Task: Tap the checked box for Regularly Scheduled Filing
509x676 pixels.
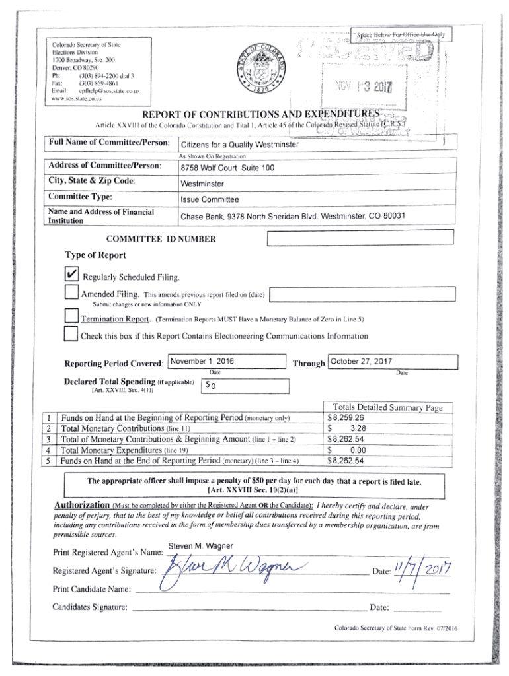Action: (72, 274)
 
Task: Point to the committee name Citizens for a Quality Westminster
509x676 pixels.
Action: (240, 145)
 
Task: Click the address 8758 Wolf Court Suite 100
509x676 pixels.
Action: (227, 168)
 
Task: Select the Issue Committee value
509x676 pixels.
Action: (210, 199)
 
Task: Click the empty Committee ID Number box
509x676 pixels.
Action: (359, 238)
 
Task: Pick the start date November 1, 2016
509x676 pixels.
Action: (202, 361)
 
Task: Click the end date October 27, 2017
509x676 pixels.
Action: (361, 362)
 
